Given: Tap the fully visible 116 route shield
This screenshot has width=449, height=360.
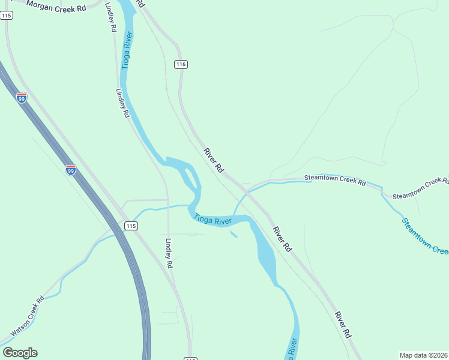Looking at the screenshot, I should click(181, 64).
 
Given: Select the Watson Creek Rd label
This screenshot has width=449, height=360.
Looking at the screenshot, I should click(28, 316).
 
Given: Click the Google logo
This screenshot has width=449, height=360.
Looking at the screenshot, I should click(20, 353).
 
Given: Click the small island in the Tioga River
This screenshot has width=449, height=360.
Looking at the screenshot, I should click(190, 178).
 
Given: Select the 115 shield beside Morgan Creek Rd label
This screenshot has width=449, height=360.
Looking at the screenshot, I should click(7, 16).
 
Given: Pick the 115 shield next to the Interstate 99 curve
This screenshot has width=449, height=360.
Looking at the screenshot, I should click(131, 226).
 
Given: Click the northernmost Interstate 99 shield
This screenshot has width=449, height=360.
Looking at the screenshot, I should click(22, 98).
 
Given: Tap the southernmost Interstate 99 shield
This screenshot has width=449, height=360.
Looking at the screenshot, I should click(71, 170).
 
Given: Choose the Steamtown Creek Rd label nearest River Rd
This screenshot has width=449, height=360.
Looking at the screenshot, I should click(334, 179).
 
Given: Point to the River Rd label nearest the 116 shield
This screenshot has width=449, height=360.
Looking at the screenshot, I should click(213, 161).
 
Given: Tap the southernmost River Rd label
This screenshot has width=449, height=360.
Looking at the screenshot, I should click(342, 324).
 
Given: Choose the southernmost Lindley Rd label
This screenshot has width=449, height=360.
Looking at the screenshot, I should click(169, 253).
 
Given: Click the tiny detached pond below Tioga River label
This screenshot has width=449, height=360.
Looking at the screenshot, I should click(234, 234).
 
